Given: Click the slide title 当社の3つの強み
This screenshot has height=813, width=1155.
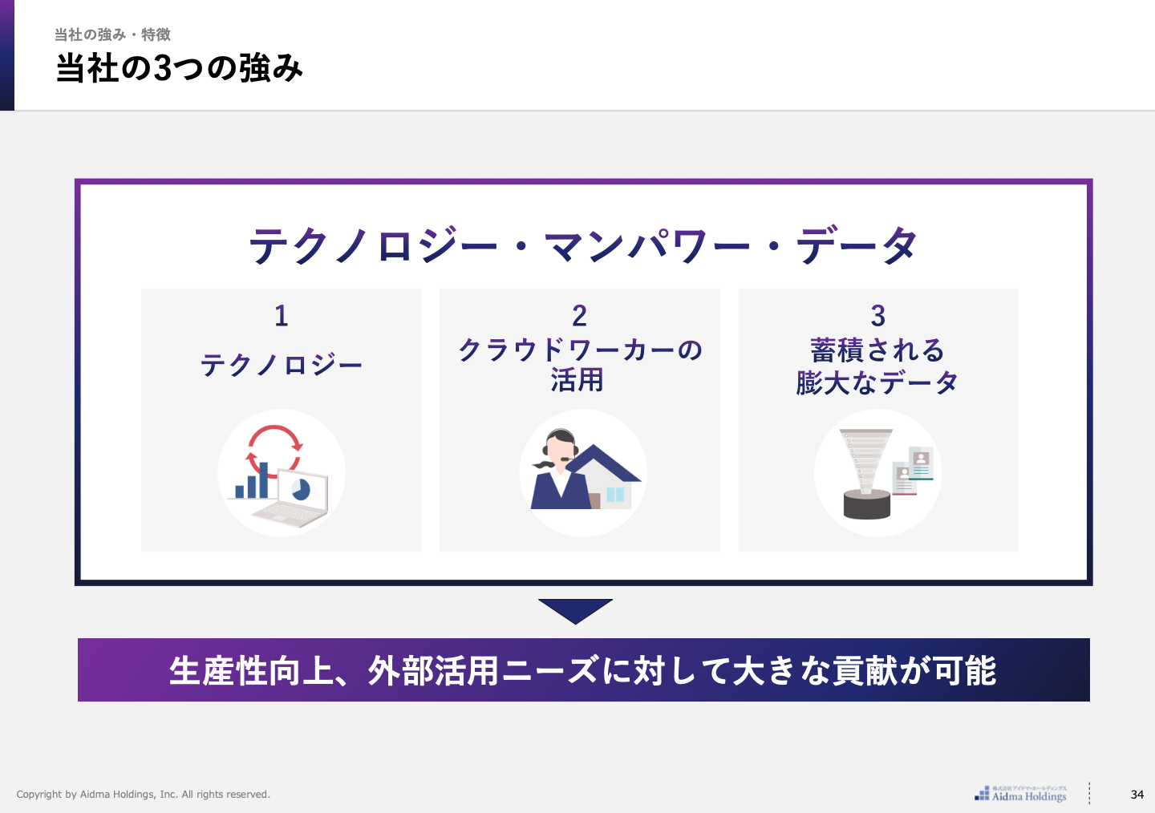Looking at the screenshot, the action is [x=179, y=68].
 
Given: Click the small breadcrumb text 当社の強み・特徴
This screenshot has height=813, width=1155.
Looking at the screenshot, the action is [x=112, y=34].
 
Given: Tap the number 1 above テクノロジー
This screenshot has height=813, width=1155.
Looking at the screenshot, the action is [x=281, y=316].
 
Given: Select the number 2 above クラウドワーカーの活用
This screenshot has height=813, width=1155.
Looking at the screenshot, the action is [x=579, y=316].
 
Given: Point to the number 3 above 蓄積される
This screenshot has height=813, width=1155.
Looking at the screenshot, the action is [x=877, y=316].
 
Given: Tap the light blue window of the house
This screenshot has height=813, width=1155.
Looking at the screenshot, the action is [x=615, y=495].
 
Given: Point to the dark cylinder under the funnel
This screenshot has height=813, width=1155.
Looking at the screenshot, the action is [x=867, y=504].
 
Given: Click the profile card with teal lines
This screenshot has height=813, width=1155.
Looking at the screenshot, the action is [x=921, y=463].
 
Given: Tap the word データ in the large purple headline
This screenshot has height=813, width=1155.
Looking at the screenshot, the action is [x=857, y=245].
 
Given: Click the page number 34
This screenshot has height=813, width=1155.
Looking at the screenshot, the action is [x=1137, y=795].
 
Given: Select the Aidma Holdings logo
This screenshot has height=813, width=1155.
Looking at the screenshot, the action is [x=1020, y=794].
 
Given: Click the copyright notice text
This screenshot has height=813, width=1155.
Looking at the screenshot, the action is [x=144, y=795].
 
